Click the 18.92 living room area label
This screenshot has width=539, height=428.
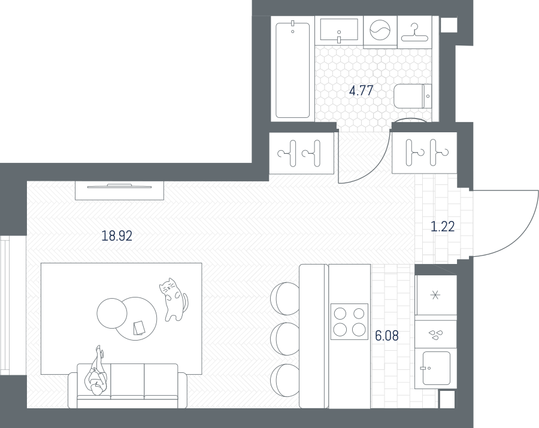click(x=117, y=236)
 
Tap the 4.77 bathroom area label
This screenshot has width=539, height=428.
click(x=361, y=90)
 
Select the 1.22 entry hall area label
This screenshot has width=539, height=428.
click(x=443, y=226)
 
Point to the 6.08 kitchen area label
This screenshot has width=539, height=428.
click(x=387, y=336)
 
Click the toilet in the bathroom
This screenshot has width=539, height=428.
click(x=413, y=96)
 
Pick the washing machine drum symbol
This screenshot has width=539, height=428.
click(x=380, y=30)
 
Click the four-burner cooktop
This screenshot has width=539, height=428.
click(x=349, y=321)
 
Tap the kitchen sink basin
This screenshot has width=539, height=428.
click(x=436, y=368)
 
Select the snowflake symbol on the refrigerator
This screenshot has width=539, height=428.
click(x=435, y=295)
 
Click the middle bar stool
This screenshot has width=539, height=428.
click(x=285, y=338)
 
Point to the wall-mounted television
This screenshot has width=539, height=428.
click(x=120, y=187)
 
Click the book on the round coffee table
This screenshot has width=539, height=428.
click(x=139, y=327)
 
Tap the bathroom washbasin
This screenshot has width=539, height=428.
click(x=339, y=29)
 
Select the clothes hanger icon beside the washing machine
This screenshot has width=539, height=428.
click(x=414, y=32)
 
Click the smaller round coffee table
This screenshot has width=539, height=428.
click(x=112, y=313)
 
